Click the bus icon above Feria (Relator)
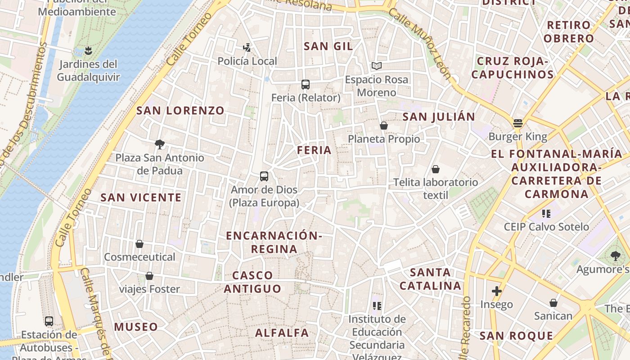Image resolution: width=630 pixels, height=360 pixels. (306, 84)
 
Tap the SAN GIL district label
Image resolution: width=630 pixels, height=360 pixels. (328, 46)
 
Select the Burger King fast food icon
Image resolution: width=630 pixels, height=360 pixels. (517, 123)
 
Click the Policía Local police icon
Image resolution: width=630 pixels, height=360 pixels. (247, 47)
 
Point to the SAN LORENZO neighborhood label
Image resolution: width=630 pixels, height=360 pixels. (180, 110)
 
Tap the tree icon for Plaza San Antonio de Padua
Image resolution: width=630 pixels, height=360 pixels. (159, 144)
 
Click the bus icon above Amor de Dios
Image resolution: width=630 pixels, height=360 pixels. (264, 176)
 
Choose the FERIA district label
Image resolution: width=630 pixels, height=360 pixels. (314, 150)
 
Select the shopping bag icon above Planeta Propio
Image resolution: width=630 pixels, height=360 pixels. (384, 126)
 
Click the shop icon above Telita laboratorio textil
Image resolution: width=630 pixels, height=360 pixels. (435, 169)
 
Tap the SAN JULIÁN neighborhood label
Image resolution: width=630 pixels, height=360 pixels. (438, 117)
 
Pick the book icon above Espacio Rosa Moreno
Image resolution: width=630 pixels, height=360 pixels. (377, 66)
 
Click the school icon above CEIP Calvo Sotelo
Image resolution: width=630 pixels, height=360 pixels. (546, 213)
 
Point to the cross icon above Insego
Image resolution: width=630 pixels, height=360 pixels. (496, 291)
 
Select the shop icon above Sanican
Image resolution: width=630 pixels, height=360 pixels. (553, 303)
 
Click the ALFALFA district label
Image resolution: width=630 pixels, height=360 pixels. (282, 333)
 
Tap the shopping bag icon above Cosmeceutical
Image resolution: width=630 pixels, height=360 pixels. (139, 244)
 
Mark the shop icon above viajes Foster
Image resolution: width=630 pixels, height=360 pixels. (149, 276)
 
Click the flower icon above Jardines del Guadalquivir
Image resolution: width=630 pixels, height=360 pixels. (89, 50)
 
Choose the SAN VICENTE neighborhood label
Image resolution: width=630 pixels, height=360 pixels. (141, 198)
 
